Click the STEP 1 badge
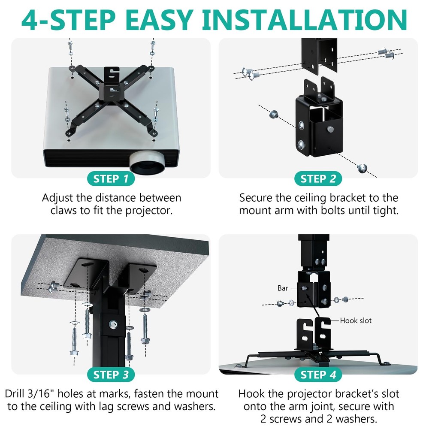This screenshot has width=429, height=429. pyautogui.click(x=111, y=179)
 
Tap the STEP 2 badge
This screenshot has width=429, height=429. pyautogui.click(x=318, y=179)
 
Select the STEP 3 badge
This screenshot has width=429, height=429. pyautogui.click(x=111, y=375)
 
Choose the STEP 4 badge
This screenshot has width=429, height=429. pyautogui.click(x=318, y=375)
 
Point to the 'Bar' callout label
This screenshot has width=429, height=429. pyautogui.click(x=283, y=288)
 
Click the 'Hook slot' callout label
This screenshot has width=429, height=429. pyautogui.click(x=356, y=320)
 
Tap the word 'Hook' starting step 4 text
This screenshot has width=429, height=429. pyautogui.click(x=250, y=393)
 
